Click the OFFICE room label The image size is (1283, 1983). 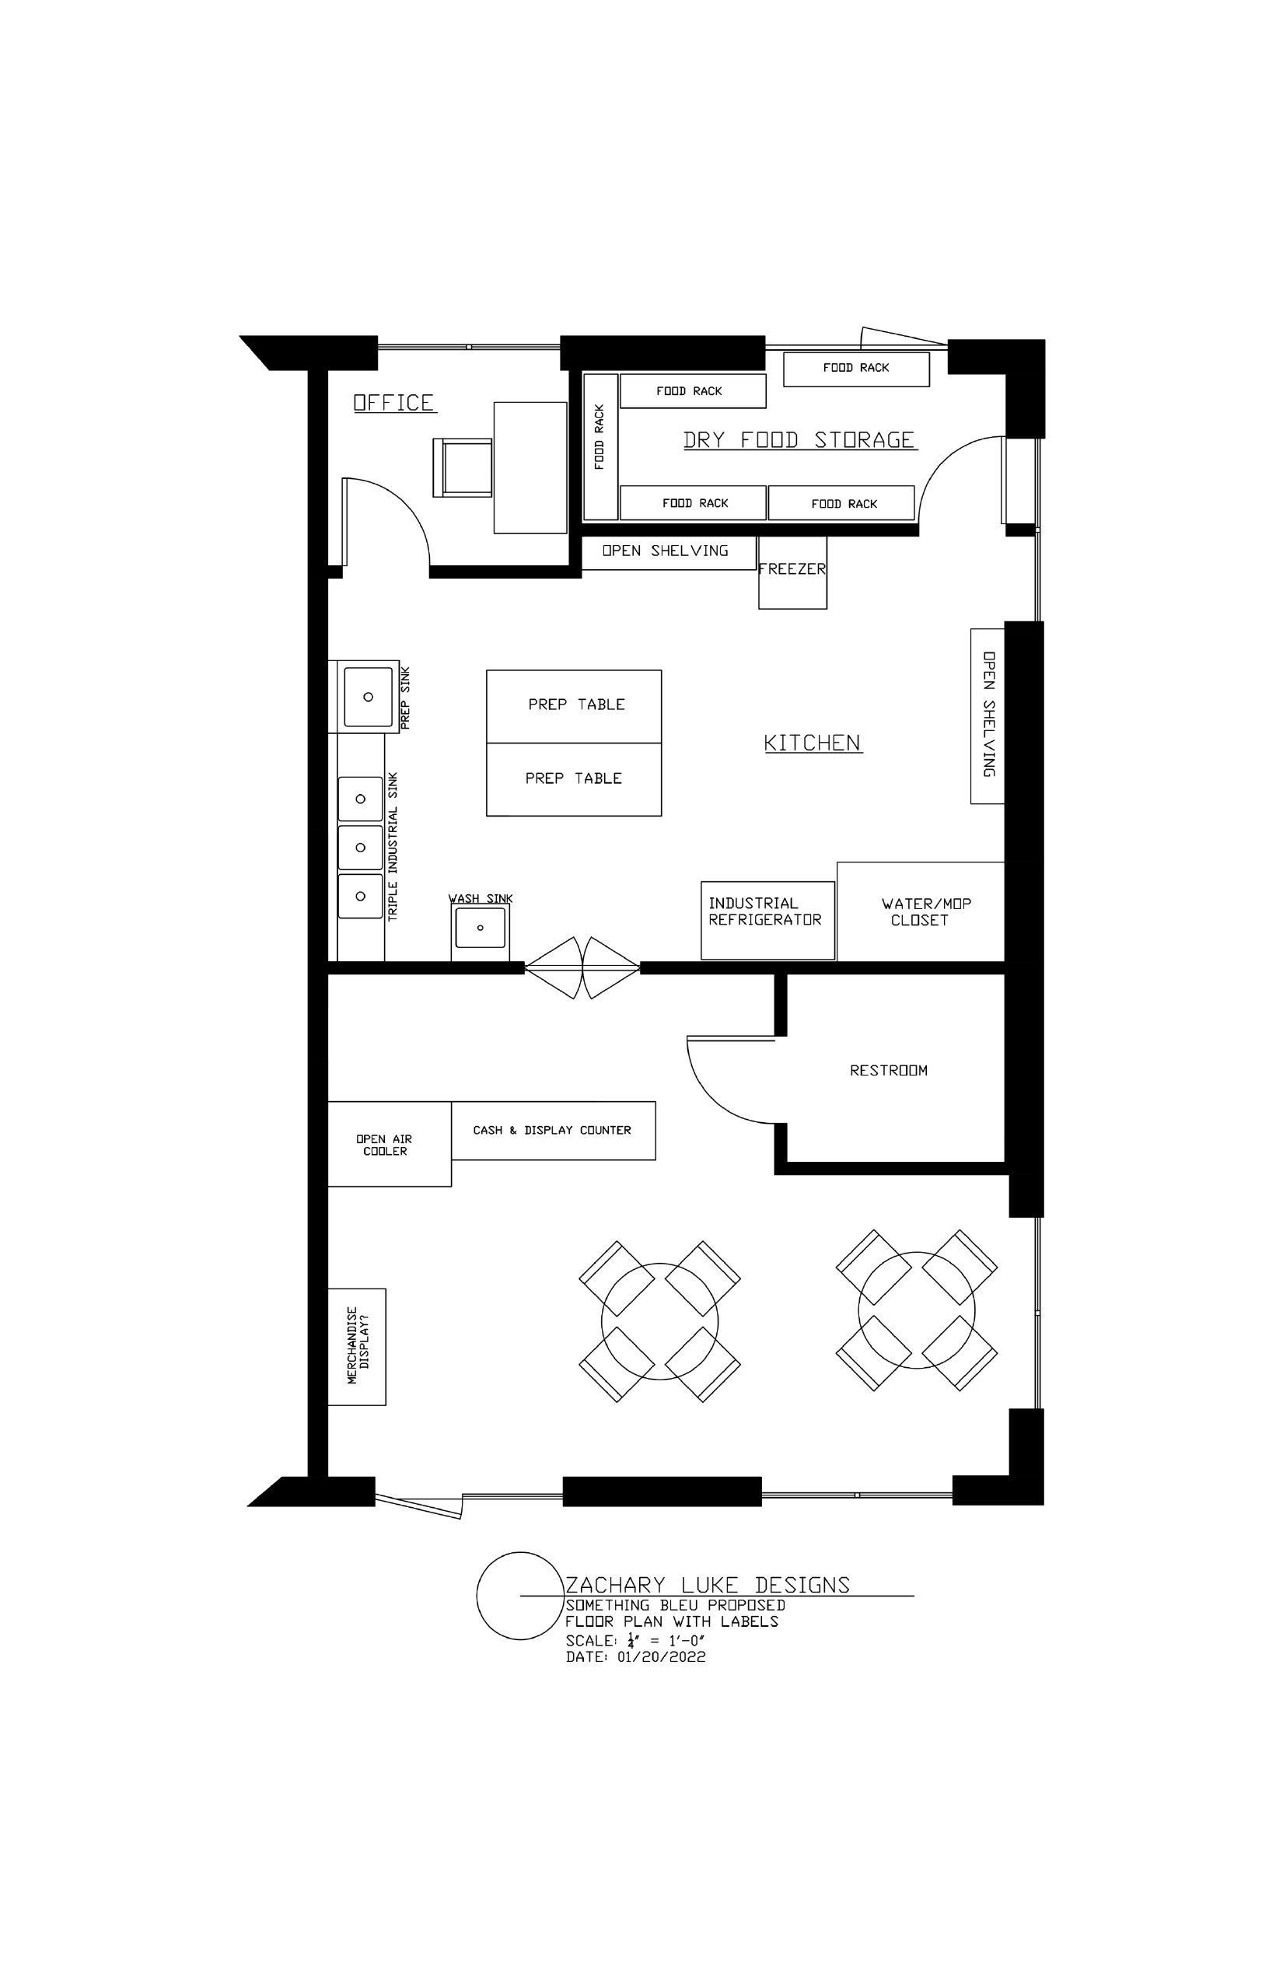point(394,403)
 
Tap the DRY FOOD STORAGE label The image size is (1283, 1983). point(799,440)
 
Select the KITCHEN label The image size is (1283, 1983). point(813,743)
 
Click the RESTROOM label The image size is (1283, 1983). point(888,1071)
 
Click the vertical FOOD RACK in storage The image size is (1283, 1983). point(600,446)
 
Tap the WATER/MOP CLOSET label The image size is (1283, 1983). point(925,911)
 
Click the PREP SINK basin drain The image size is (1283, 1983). point(369,697)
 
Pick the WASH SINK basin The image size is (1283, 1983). point(481,927)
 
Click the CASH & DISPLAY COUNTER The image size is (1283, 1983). point(553,1131)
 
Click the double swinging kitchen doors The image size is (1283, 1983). point(582,967)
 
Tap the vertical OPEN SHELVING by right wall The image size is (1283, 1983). point(988,715)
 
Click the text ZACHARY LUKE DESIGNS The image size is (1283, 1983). point(708,1585)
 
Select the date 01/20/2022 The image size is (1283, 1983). point(662,1657)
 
